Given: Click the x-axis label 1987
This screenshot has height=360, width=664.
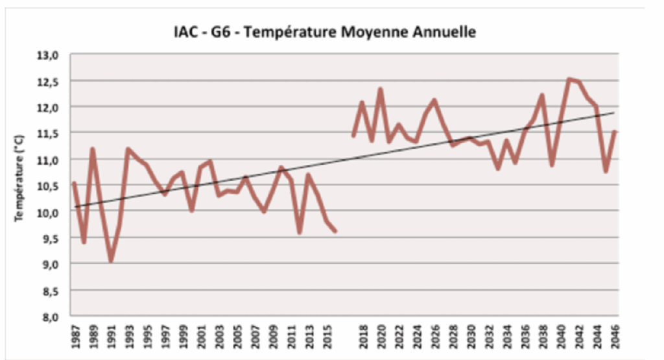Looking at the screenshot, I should tap(75, 338).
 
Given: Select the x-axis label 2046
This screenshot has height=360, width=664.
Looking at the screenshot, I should tap(613, 338).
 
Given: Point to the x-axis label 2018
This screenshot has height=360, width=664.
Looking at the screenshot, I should tap(362, 338).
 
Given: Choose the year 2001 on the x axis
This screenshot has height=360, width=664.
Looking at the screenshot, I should tap(202, 338).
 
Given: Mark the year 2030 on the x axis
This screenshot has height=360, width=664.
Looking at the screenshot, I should tap(471, 338).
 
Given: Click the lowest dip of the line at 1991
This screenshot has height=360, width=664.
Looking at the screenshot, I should tap(111, 261).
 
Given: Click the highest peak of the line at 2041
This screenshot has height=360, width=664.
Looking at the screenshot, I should tap(569, 79).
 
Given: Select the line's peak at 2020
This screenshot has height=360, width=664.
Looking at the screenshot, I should tap(380, 89).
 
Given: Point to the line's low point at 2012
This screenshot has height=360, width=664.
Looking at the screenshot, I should tap(299, 232).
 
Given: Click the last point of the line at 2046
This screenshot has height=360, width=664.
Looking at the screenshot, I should tap(614, 132).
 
